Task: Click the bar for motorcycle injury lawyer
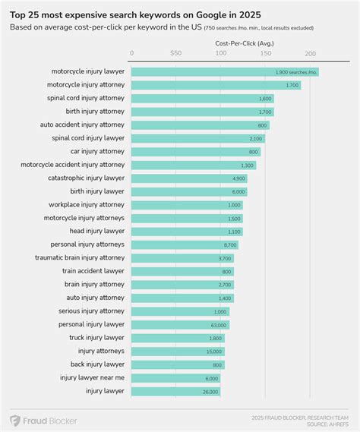224,71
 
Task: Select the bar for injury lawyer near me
178,377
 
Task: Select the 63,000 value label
217,324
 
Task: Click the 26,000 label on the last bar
210,391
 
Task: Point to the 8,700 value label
230,244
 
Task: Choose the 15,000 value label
214,351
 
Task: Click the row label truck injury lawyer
94,337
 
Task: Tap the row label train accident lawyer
93,271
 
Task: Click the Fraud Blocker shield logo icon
15,420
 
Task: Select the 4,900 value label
238,178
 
